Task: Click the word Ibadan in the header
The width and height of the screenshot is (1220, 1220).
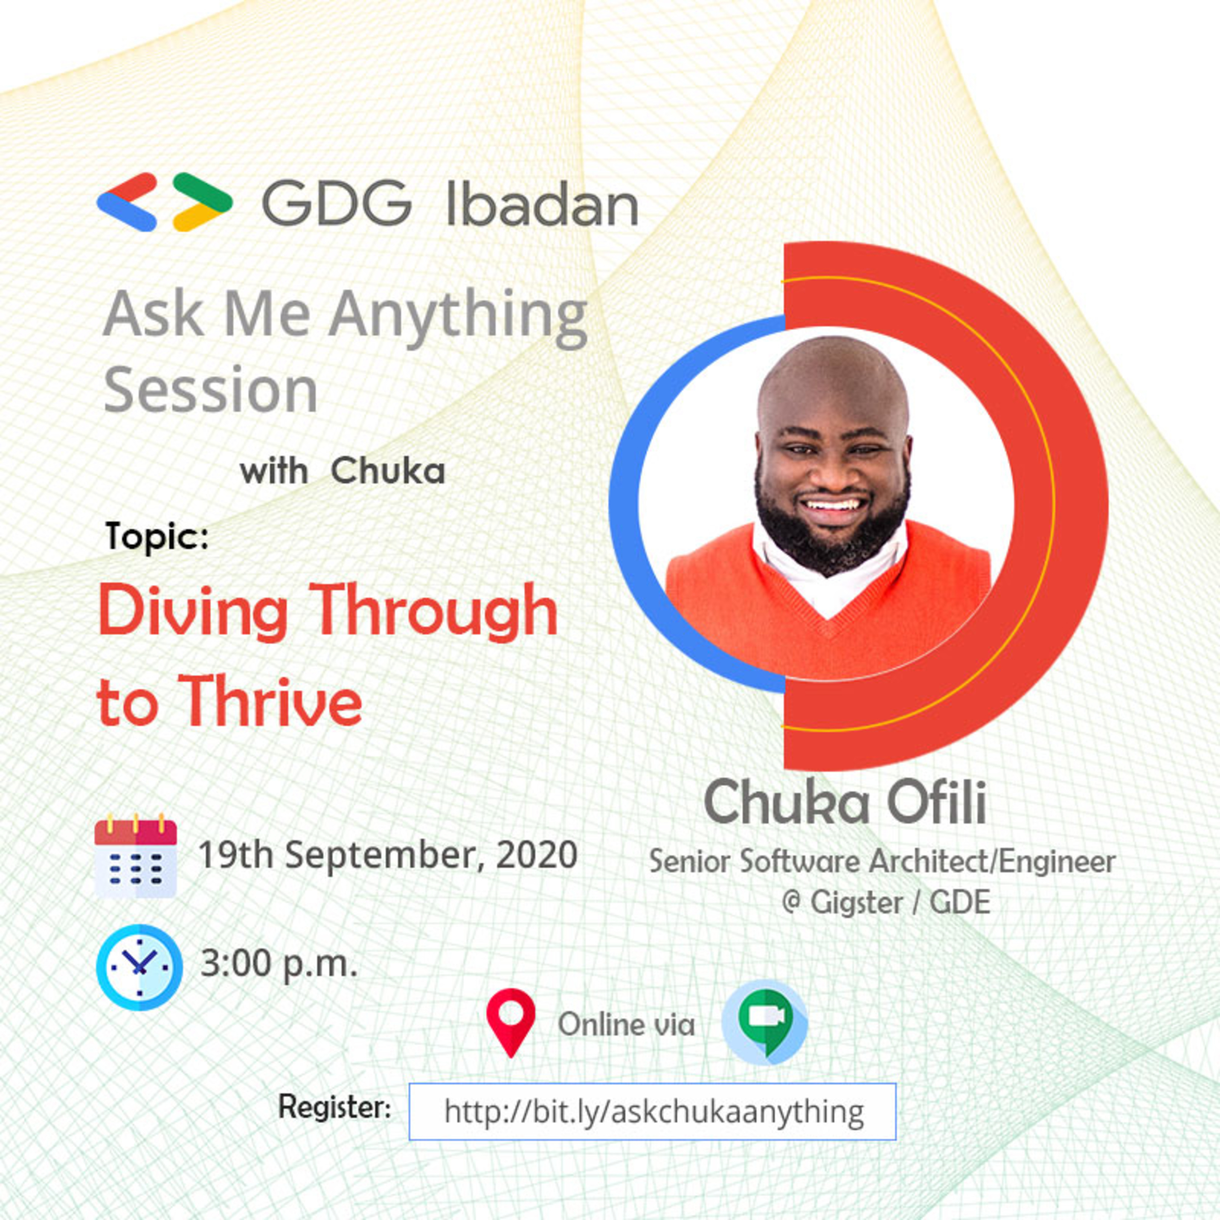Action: pyautogui.click(x=542, y=206)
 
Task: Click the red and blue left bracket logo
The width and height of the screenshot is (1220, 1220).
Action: pyautogui.click(x=127, y=202)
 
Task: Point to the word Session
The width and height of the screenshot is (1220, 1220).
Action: pyautogui.click(x=210, y=391)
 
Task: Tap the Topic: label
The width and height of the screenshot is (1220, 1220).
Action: pyautogui.click(x=157, y=537)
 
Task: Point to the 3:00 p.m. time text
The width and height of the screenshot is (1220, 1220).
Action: pyautogui.click(x=278, y=964)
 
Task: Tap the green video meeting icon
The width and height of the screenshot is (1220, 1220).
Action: pyautogui.click(x=765, y=1022)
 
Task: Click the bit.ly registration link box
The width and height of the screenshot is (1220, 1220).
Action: pyautogui.click(x=652, y=1112)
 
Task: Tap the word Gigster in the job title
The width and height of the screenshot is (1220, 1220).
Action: pyautogui.click(x=856, y=903)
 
